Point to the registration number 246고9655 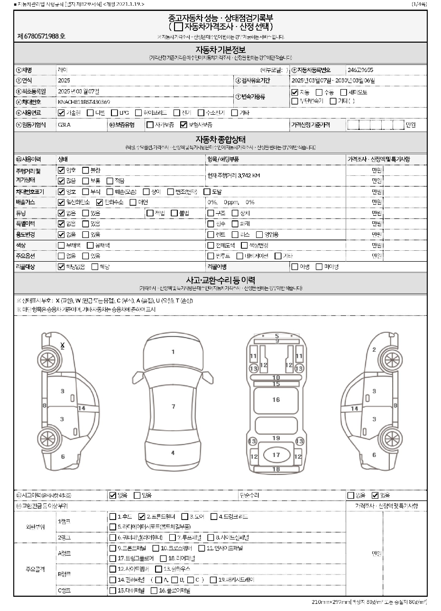(x=360, y=69)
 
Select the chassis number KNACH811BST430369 (x=84, y=102)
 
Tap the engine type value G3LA (x=64, y=125)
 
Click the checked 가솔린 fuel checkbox (x=61, y=113)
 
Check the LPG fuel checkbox (x=115, y=113)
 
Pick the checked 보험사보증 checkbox (x=184, y=125)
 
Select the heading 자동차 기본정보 (x=220, y=49)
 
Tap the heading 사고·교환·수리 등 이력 (x=220, y=280)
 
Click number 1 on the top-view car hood (x=173, y=352)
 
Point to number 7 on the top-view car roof (x=174, y=406)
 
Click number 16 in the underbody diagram (x=276, y=400)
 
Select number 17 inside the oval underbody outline (x=276, y=455)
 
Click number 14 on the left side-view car (x=82, y=408)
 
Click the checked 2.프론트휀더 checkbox (x=141, y=517)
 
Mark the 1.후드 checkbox (x=113, y=517)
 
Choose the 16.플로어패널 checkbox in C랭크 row (x=154, y=591)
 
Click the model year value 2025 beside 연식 (x=64, y=80)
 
